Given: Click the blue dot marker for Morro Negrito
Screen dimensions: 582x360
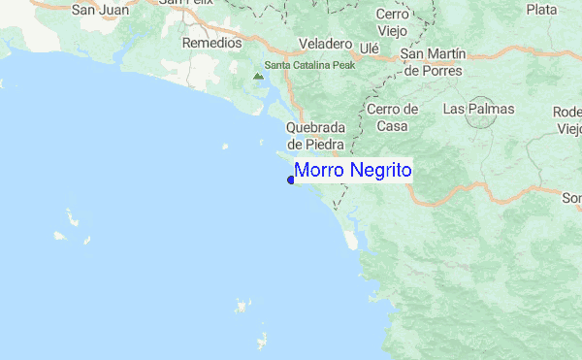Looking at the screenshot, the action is pyautogui.click(x=291, y=180).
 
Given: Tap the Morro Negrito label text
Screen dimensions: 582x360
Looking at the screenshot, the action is pyautogui.click(x=353, y=171).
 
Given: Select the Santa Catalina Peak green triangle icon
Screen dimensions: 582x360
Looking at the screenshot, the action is pyautogui.click(x=257, y=74).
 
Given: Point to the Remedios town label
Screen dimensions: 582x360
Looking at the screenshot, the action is pyautogui.click(x=211, y=44).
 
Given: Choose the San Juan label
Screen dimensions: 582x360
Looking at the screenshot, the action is pyautogui.click(x=101, y=11).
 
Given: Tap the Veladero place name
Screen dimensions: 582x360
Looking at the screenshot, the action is pyautogui.click(x=325, y=46).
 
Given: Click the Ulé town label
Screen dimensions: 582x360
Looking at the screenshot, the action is pyautogui.click(x=369, y=47).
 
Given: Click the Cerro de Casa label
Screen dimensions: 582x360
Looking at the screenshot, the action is pyautogui.click(x=392, y=117).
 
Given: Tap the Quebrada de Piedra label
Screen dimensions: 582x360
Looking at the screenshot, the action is pyautogui.click(x=315, y=137).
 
